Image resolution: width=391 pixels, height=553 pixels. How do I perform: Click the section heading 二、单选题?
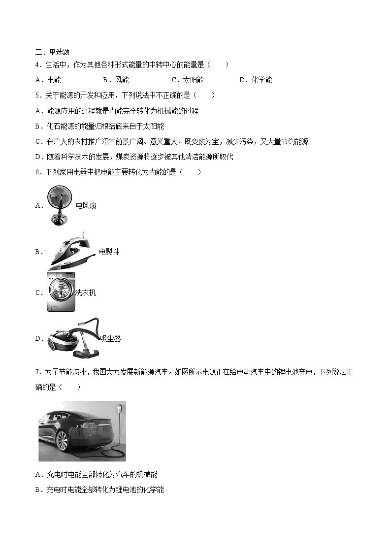coord(53,52)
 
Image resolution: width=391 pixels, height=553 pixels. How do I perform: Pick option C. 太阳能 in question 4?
coord(188,80)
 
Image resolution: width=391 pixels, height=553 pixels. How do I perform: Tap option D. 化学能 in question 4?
coord(256,80)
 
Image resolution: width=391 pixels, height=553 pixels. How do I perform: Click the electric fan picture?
coord(60,205)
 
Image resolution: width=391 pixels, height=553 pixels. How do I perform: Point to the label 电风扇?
coord(86,205)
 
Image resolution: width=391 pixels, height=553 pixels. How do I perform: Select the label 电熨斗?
coord(109,252)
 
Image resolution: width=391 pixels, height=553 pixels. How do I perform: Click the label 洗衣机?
coord(85,293)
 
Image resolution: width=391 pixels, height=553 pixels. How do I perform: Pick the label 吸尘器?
coord(110,338)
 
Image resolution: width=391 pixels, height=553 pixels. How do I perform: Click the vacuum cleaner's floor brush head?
coord(87,353)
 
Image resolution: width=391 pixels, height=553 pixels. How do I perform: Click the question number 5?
coord(38,95)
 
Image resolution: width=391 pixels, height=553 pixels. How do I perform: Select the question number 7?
coord(38,372)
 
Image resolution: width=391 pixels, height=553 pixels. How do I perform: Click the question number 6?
coord(38,172)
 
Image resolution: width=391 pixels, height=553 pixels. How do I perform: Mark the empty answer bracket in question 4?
coord(218,65)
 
